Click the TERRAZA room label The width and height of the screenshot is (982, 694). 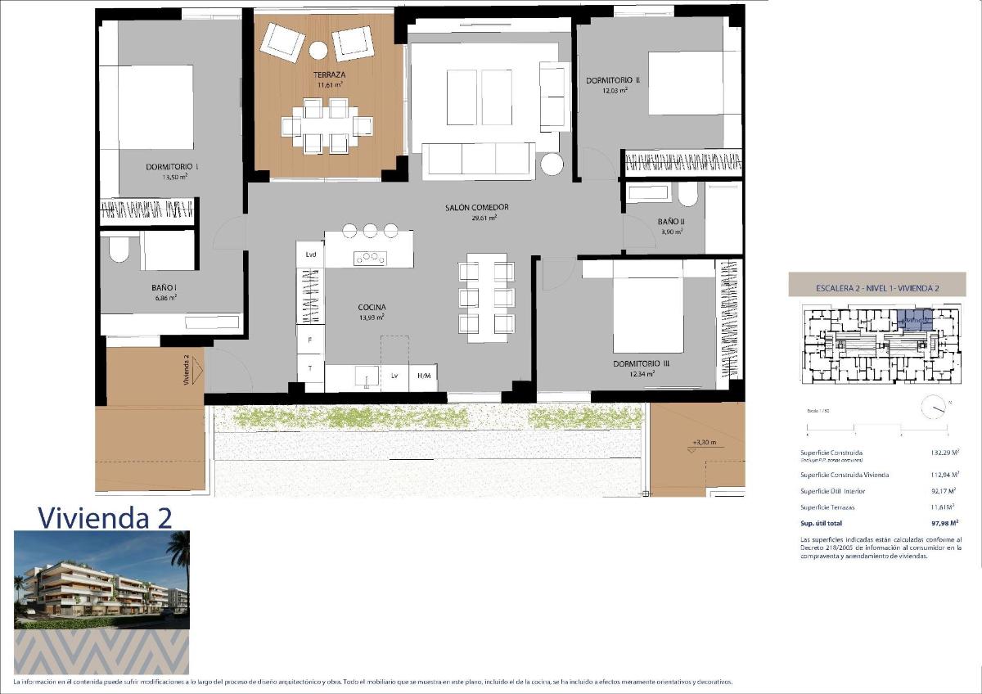click(328, 74)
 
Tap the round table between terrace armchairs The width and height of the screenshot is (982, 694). click(318, 50)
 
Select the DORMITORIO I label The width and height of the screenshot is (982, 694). click(172, 166)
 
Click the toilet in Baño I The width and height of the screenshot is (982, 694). click(119, 249)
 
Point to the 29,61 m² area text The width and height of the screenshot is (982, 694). click(484, 218)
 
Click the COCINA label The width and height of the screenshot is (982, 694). click(371, 307)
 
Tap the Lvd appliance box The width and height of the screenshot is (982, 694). click(311, 255)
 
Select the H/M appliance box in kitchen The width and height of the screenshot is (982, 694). click(423, 376)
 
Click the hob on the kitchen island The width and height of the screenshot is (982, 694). click(369, 258)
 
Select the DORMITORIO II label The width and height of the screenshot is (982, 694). click(612, 80)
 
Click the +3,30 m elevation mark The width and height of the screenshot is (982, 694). click(704, 443)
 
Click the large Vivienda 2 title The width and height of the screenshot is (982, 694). click(105, 517)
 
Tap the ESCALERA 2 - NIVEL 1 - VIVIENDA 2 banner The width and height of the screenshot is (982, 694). click(876, 288)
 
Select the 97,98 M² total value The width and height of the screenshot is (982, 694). click(944, 521)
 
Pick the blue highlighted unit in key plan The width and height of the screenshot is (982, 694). click(914, 319)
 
